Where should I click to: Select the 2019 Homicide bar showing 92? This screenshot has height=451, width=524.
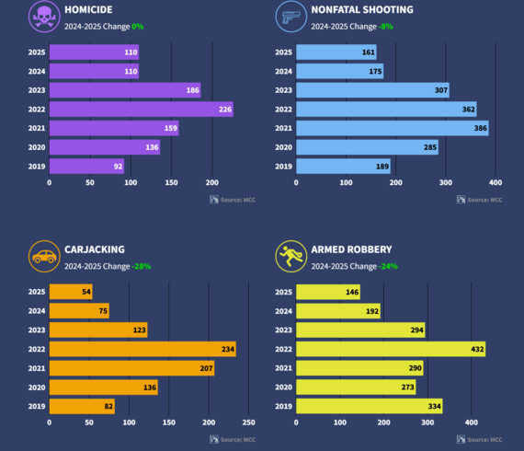click(x=86, y=166)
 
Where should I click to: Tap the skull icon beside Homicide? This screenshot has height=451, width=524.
click(x=42, y=17)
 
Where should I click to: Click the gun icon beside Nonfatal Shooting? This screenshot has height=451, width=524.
click(x=290, y=17)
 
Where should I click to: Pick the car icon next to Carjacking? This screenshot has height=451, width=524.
click(x=42, y=257)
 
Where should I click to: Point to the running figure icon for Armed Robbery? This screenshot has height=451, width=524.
click(x=290, y=257)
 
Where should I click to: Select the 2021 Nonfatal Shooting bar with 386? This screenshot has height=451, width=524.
click(x=392, y=128)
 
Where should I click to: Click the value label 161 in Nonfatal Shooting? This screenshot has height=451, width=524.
click(x=369, y=52)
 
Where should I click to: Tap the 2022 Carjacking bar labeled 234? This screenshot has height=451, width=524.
click(x=142, y=349)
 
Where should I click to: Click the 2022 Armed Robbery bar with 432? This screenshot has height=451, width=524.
click(x=390, y=349)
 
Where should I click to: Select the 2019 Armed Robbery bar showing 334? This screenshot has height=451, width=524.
click(x=369, y=406)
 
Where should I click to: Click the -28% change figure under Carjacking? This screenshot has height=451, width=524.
click(x=142, y=266)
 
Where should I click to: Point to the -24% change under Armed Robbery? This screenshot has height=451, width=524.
click(x=390, y=266)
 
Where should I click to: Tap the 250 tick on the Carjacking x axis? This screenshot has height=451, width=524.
click(x=249, y=422)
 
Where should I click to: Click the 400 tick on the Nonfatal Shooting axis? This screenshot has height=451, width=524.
click(x=496, y=182)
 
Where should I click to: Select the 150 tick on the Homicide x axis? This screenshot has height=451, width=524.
click(x=171, y=182)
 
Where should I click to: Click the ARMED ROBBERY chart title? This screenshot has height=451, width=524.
click(x=350, y=249)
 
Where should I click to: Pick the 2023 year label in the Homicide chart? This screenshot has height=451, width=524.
click(x=37, y=90)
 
